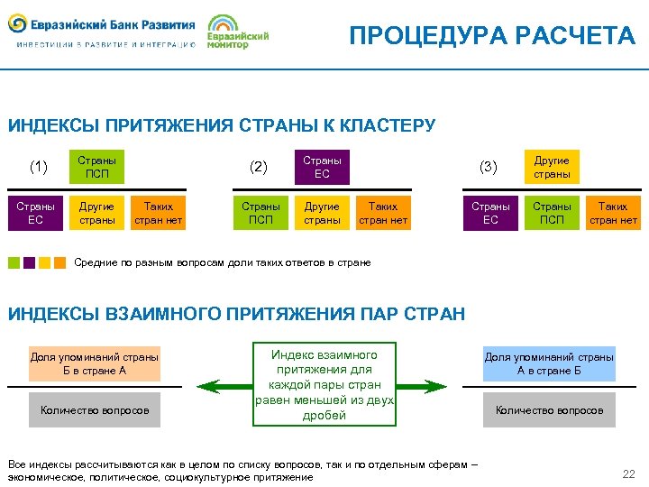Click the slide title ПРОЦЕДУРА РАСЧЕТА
coord(492,35)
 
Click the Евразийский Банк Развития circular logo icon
coord(17,22)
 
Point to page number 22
coord(628,474)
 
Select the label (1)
coord(39,166)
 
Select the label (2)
coord(259,166)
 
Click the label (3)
coord(488,166)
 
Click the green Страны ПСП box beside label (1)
coord(96,167)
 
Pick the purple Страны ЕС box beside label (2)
coord(322,167)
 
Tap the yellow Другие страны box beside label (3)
coord(552,167)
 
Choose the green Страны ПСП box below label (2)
coord(261,213)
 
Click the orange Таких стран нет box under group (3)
coord(613,213)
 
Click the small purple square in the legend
coord(29,263)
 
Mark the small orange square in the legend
coord(59,263)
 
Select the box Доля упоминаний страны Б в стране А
coord(95,363)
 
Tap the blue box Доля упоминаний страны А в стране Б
coord(549,363)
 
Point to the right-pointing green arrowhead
coord(441,387)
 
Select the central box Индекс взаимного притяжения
coord(324,384)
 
